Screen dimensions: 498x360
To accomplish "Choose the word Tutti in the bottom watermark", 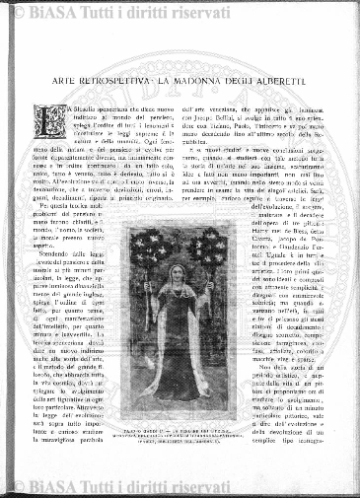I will (146, 484).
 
